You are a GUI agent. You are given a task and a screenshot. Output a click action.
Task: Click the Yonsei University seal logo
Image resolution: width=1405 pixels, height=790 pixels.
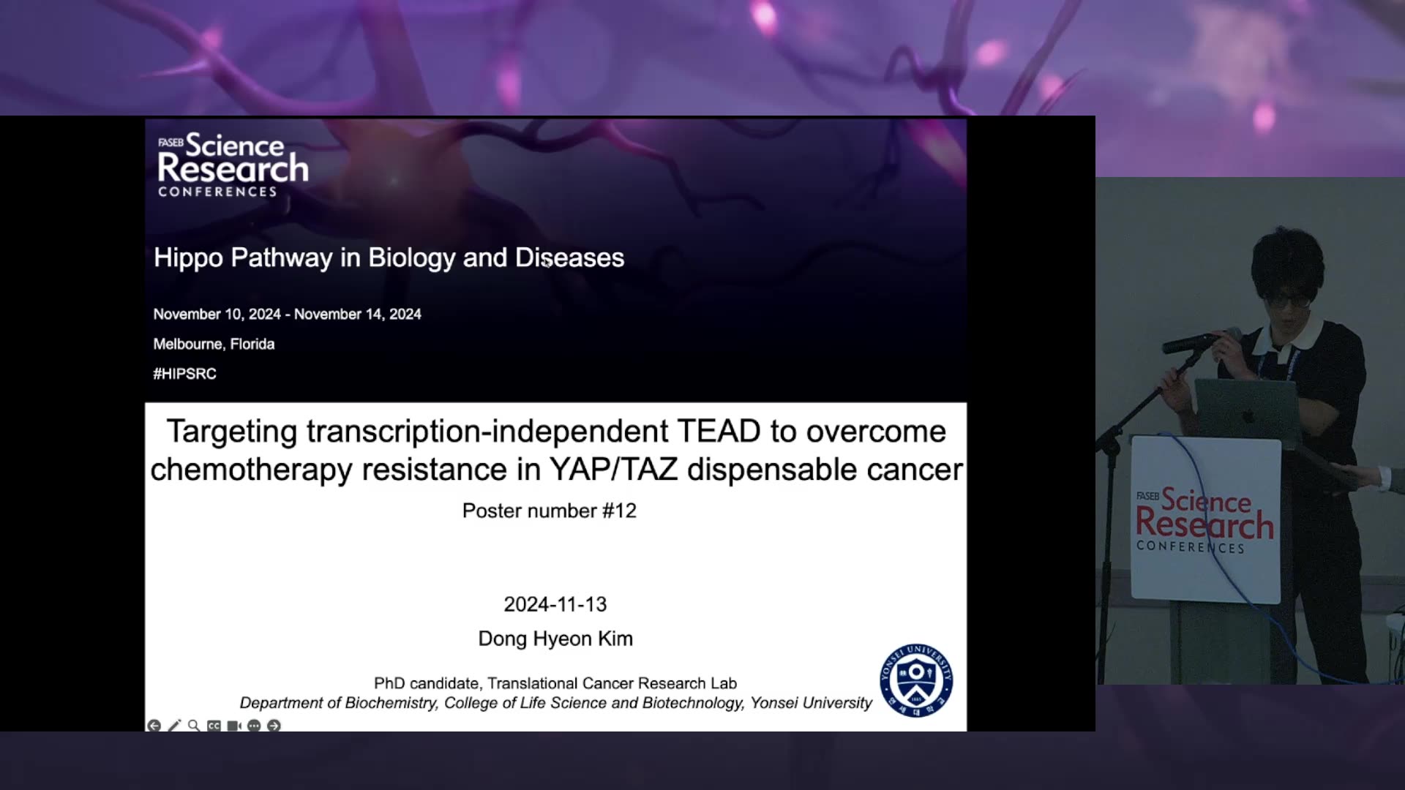coord(916,680)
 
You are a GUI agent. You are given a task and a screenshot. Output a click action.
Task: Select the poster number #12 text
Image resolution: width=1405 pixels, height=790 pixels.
coord(550,511)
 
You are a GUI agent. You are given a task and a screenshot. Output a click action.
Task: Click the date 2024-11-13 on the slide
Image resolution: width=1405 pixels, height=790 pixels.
coord(555,604)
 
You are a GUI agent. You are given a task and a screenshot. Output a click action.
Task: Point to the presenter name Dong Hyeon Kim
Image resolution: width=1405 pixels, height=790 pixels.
coord(555,639)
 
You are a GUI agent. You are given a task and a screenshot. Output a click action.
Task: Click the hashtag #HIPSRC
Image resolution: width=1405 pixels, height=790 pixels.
coord(184,374)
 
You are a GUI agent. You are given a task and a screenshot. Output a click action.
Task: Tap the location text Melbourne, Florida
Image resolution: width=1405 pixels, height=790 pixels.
coord(214,344)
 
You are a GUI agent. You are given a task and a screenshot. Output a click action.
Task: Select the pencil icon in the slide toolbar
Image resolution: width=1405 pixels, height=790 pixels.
coord(174,726)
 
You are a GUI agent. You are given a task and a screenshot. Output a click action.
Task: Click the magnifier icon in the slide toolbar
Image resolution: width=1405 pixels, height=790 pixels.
coord(194,726)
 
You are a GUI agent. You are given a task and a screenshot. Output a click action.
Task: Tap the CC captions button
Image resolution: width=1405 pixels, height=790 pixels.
coord(214,726)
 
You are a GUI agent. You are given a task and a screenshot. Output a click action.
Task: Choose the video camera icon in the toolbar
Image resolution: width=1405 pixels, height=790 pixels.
coord(234,726)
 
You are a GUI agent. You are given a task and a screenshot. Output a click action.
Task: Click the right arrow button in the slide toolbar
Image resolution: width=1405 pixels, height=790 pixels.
coord(274,726)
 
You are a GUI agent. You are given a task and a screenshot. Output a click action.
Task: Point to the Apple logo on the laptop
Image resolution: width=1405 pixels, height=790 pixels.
coord(1248,415)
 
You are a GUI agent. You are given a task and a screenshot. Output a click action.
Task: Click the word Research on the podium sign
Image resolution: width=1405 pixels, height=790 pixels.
coord(1204,524)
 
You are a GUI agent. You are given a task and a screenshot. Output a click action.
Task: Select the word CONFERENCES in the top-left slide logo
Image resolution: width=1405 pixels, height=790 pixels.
coord(217,192)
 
